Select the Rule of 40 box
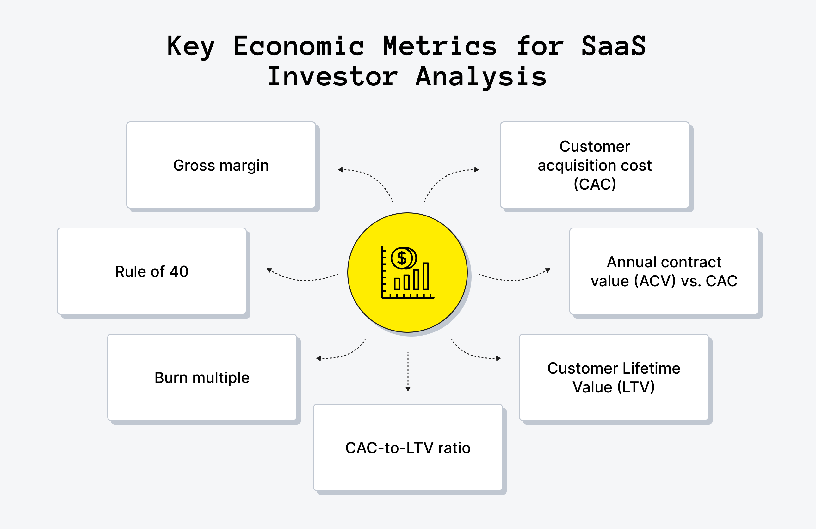pyautogui.click(x=151, y=271)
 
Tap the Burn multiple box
pyautogui.click(x=202, y=377)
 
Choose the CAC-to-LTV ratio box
pyautogui.click(x=408, y=447)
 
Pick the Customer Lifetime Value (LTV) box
pyautogui.click(x=614, y=377)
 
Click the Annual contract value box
pyautogui.click(x=664, y=271)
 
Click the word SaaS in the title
pyautogui.click(x=613, y=46)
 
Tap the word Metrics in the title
pyautogui.click(x=440, y=46)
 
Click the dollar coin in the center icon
pyautogui.click(x=402, y=258)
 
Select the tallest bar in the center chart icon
pyautogui.click(x=426, y=276)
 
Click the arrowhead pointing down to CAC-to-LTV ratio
pyautogui.click(x=408, y=389)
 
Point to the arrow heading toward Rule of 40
pyautogui.click(x=302, y=279)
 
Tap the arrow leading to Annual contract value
pyautogui.click(x=514, y=279)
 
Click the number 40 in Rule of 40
pyautogui.click(x=179, y=271)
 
